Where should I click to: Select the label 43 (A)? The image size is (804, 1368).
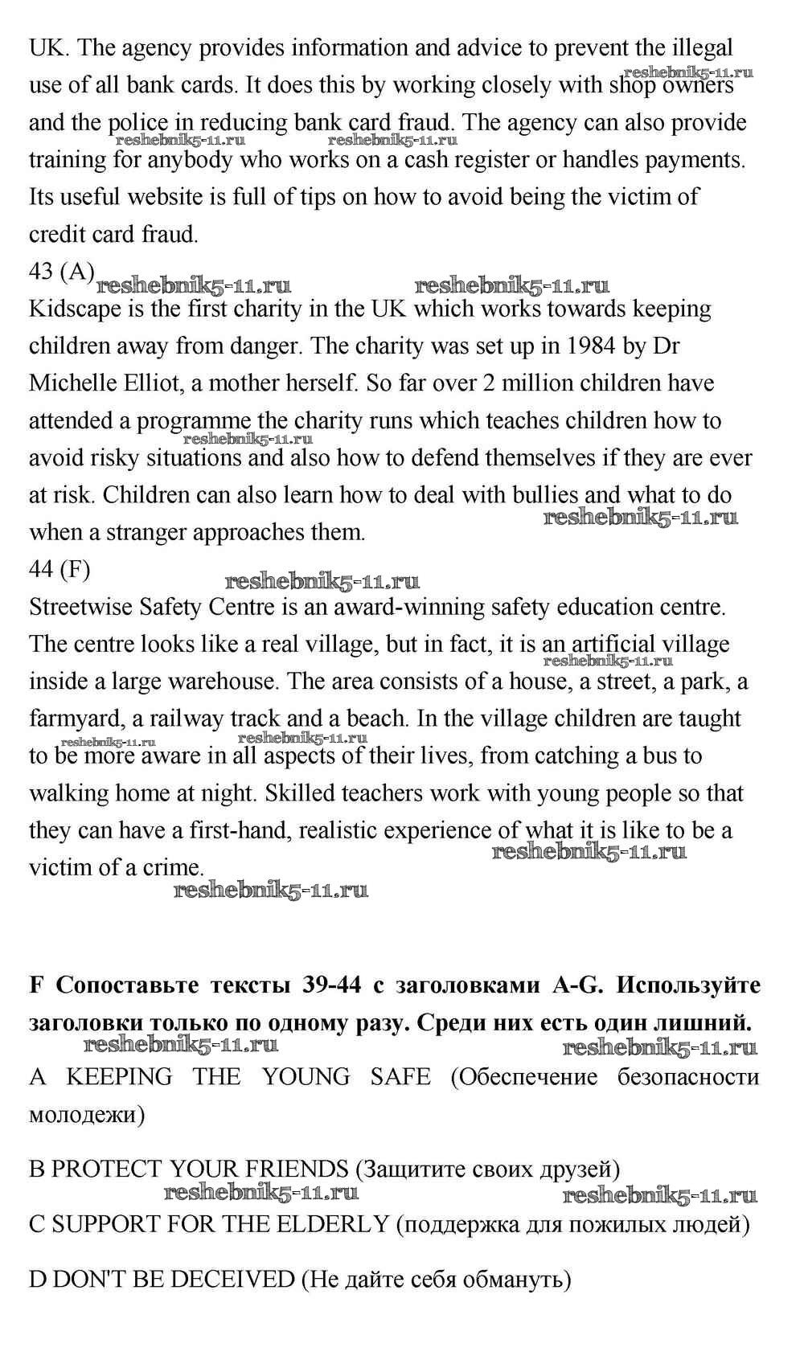(x=62, y=272)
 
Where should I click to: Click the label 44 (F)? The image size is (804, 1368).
(x=59, y=569)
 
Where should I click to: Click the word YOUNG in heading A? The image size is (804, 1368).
(x=306, y=1077)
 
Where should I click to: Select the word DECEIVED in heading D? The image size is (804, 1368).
(x=232, y=1279)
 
